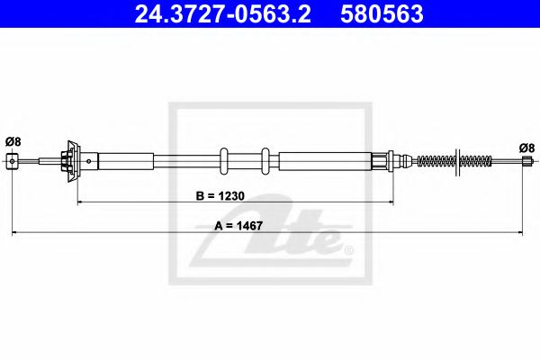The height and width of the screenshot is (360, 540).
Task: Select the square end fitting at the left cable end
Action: click(x=13, y=161)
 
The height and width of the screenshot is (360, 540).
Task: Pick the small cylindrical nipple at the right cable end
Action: click(x=526, y=162)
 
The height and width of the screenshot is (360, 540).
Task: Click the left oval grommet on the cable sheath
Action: click(x=223, y=161)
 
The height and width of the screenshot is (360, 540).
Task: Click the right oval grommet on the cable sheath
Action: click(x=265, y=161)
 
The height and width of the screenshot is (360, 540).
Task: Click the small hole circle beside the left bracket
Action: click(x=88, y=161)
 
